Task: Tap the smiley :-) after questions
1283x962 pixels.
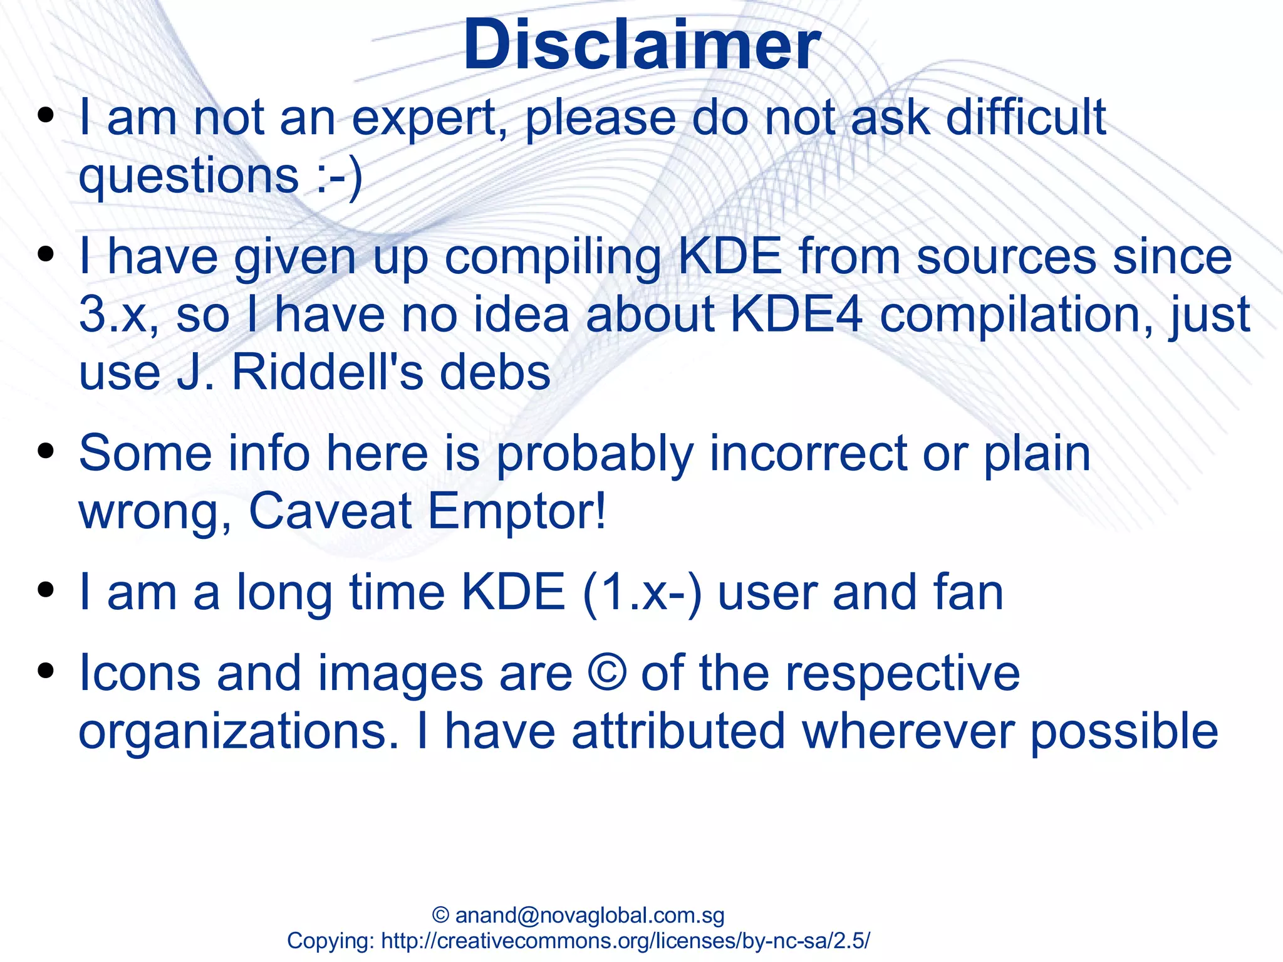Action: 339,177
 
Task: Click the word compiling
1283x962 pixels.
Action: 553,258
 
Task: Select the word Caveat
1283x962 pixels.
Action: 330,511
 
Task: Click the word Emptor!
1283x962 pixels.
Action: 517,511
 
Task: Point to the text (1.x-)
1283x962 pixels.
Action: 642,593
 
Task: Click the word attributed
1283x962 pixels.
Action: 678,731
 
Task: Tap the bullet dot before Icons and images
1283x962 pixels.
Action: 45,672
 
